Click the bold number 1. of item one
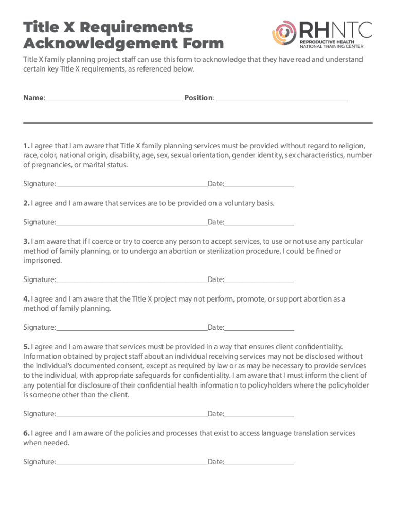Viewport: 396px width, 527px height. pyautogui.click(x=26, y=145)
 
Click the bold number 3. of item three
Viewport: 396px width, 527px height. pyautogui.click(x=26, y=241)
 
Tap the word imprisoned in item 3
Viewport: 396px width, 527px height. pyautogui.click(x=42, y=261)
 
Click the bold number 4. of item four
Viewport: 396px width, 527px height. pyautogui.click(x=26, y=299)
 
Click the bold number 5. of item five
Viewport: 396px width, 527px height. pyautogui.click(x=26, y=347)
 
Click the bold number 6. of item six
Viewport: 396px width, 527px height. pyautogui.click(x=26, y=433)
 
